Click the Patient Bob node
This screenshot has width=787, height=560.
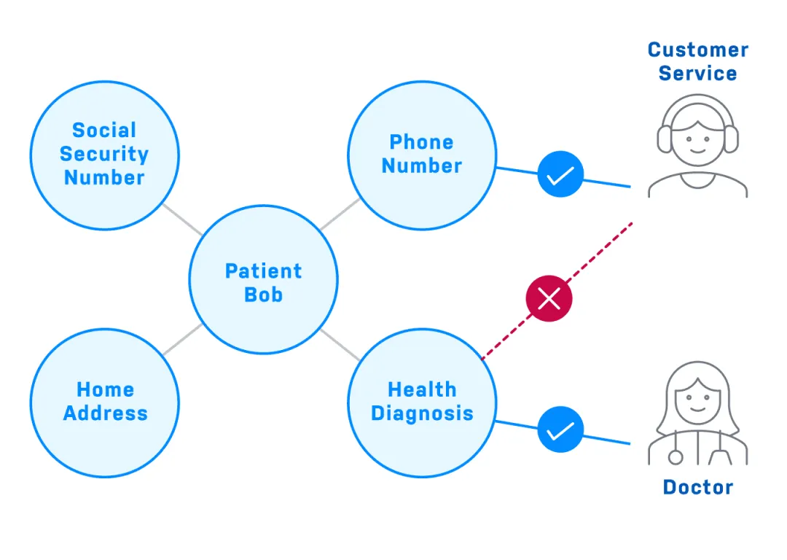263,279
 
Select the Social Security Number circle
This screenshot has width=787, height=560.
104,154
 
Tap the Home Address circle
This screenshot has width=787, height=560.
104,402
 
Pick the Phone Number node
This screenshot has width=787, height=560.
422,154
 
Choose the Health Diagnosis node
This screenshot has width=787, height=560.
422,402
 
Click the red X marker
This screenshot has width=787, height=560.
549,297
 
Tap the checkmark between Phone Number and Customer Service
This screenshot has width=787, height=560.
560,175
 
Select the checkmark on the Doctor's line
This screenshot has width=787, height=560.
560,429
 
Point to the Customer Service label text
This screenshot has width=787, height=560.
698,61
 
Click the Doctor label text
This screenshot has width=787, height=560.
698,487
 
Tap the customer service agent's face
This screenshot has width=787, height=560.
697,139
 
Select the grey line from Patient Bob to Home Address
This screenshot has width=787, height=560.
182,340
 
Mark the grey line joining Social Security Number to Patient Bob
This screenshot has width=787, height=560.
182,219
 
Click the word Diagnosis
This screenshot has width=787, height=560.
422,413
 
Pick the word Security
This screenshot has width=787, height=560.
104,154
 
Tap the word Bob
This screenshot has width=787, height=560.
263,295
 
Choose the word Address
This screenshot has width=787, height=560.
105,413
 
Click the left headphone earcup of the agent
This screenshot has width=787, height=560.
664,139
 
